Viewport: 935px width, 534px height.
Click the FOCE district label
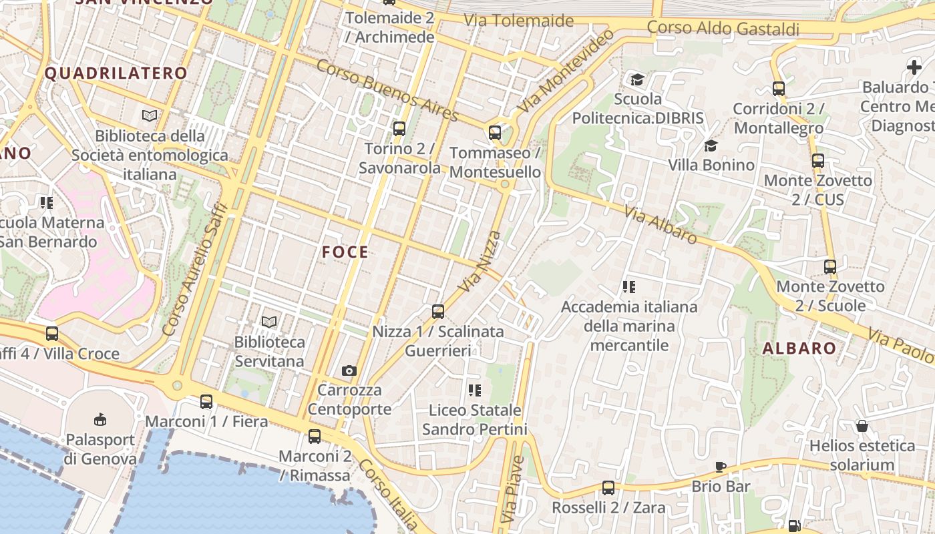pyautogui.click(x=345, y=252)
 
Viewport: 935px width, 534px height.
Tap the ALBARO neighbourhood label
pyautogui.click(x=799, y=348)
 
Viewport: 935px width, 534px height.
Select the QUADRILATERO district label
pyautogui.click(x=116, y=73)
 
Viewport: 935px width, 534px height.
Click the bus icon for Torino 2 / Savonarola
pyautogui.click(x=399, y=129)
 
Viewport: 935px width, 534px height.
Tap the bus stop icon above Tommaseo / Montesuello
pyautogui.click(x=495, y=132)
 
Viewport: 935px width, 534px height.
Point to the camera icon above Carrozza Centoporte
pyautogui.click(x=349, y=370)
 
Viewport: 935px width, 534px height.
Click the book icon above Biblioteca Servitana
pyautogui.click(x=269, y=322)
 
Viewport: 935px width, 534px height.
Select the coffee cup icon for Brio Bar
pyautogui.click(x=721, y=467)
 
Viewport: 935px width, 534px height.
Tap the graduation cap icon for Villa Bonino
pyautogui.click(x=711, y=146)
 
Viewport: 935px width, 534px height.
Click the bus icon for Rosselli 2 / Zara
pyautogui.click(x=608, y=488)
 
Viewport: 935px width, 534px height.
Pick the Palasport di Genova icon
pyautogui.click(x=100, y=420)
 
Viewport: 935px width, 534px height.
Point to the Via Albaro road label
pyautogui.click(x=661, y=224)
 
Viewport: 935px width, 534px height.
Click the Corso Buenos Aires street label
pyautogui.click(x=387, y=91)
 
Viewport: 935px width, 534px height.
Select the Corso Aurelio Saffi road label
pyautogui.click(x=195, y=269)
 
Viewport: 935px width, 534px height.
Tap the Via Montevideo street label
pyautogui.click(x=565, y=71)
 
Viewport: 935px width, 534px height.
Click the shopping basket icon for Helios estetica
pyautogui.click(x=862, y=426)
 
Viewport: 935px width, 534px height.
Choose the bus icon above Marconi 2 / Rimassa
pyautogui.click(x=315, y=437)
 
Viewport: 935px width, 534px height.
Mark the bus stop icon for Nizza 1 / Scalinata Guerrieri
pyautogui.click(x=438, y=311)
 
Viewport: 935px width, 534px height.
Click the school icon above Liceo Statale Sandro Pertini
pyautogui.click(x=475, y=390)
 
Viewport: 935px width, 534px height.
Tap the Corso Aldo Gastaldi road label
pyautogui.click(x=723, y=28)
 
